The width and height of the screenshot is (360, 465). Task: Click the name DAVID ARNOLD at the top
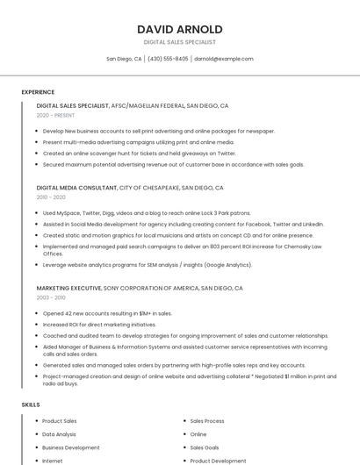[179, 29]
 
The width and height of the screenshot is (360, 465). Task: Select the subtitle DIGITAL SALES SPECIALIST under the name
[179, 42]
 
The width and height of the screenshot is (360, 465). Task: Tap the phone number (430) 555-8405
[168, 59]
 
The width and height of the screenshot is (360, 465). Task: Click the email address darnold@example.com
[224, 59]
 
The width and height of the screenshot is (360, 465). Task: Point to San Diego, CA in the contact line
[124, 59]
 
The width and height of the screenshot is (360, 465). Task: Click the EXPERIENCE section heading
[38, 92]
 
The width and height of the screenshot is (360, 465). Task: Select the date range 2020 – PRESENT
[55, 115]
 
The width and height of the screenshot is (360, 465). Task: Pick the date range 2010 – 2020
[51, 197]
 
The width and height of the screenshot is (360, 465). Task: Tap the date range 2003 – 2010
[51, 297]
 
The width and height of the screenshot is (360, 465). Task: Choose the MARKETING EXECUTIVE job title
[68, 288]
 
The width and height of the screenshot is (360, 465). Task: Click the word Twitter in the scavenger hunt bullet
[226, 153]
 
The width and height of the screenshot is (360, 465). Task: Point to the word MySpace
[68, 213]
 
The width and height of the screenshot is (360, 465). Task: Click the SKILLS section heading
[31, 404]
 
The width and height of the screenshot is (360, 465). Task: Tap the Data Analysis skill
[59, 434]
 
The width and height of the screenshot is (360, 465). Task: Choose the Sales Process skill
[207, 421]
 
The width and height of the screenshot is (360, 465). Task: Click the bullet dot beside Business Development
[36, 447]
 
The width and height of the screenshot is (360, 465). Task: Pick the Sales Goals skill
[205, 447]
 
